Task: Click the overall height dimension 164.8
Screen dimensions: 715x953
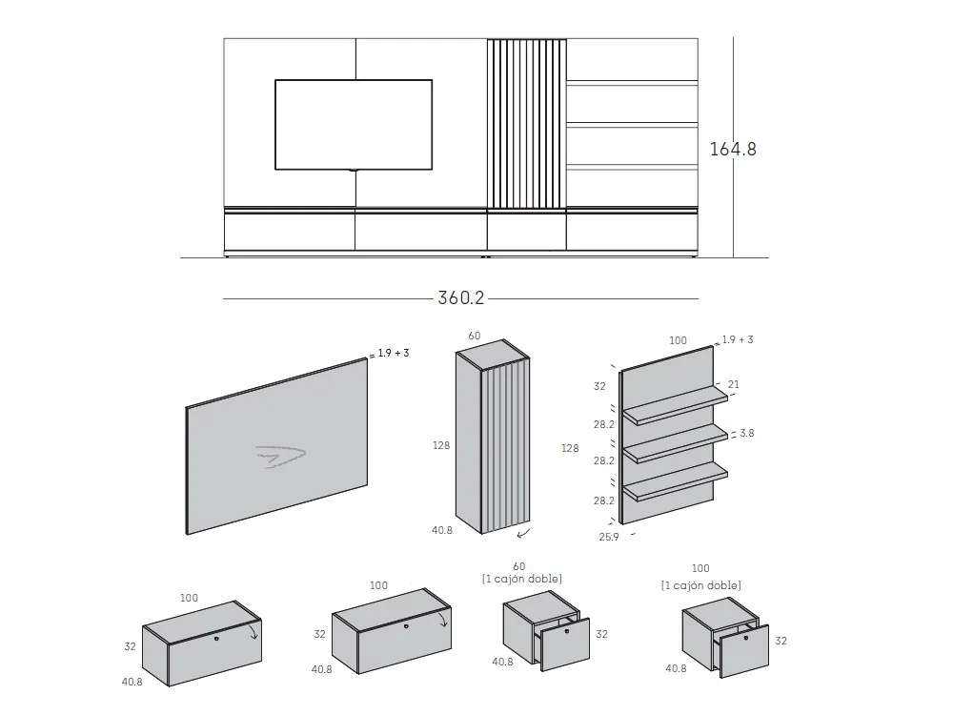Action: pyautogui.click(x=733, y=150)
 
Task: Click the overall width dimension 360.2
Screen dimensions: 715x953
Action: pyautogui.click(x=461, y=298)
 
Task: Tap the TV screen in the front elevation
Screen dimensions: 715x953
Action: pyautogui.click(x=354, y=125)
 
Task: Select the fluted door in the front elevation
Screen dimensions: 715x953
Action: pyautogui.click(x=526, y=123)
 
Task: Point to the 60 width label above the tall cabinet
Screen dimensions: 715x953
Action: pyautogui.click(x=476, y=336)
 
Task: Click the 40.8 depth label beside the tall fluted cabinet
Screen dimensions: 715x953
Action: pyautogui.click(x=441, y=531)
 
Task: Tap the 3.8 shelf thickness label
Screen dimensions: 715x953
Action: pyautogui.click(x=746, y=434)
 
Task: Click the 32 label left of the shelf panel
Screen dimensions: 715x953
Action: pyautogui.click(x=598, y=387)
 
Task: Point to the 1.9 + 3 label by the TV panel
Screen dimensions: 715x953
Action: pyautogui.click(x=393, y=354)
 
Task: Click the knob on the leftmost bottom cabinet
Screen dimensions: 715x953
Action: pyautogui.click(x=216, y=638)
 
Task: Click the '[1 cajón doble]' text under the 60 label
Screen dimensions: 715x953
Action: pyautogui.click(x=521, y=579)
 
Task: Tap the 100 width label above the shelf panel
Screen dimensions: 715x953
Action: pyautogui.click(x=678, y=339)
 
